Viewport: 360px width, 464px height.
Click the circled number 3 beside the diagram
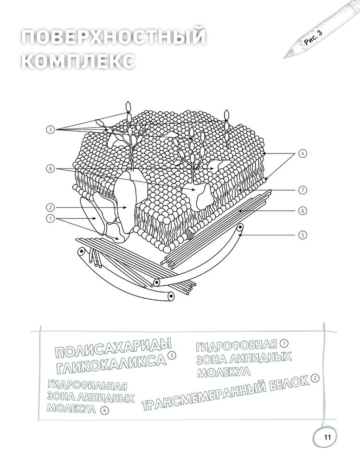(x=51, y=129)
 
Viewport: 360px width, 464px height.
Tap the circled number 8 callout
(x=51, y=169)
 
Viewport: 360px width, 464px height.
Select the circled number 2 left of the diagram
(x=51, y=207)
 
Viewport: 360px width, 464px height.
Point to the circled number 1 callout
(x=51, y=219)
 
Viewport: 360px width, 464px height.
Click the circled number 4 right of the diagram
(x=302, y=154)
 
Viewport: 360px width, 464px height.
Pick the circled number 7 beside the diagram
(x=302, y=190)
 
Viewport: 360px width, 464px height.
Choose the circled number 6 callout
(x=302, y=211)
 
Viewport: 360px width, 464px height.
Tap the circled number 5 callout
(x=302, y=235)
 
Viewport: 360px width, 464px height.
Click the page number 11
(x=327, y=438)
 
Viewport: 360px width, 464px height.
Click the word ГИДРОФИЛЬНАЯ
(x=87, y=385)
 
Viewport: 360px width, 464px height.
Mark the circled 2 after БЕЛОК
(x=315, y=378)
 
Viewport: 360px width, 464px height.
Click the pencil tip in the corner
(x=283, y=58)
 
